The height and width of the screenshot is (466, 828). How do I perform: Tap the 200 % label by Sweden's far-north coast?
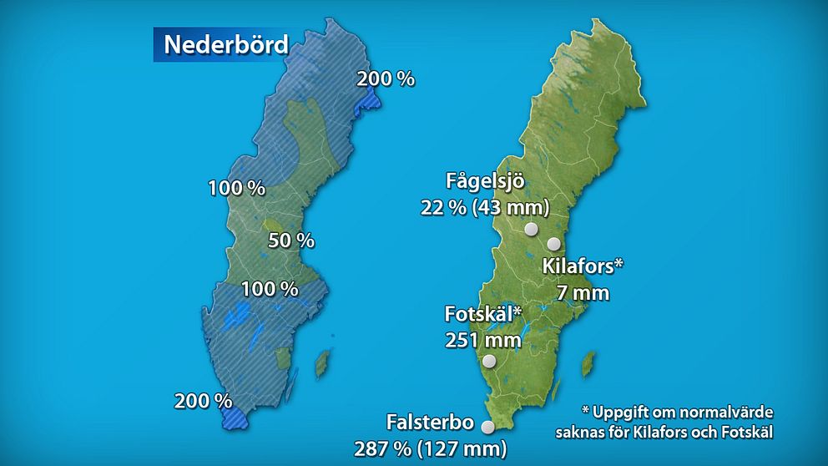point(386,79)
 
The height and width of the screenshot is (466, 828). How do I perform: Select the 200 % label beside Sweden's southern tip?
point(203,401)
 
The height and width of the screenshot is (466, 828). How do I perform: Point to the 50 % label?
point(291,241)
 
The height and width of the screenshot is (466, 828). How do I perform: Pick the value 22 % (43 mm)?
point(485,206)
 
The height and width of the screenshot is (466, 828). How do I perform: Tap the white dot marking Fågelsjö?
point(530,229)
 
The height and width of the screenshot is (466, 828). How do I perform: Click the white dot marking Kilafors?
point(554,244)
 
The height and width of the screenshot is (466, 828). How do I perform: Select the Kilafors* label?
point(583,267)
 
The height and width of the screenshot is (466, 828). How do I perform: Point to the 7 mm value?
point(583,292)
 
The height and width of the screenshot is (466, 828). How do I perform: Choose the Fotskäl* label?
point(483,315)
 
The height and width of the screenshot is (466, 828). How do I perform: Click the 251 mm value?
point(483,340)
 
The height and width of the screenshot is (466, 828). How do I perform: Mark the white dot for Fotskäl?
point(489,362)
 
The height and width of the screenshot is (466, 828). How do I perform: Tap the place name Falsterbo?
point(431,422)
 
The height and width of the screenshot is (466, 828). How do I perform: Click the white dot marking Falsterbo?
point(488,428)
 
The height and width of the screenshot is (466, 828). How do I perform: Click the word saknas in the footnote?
point(583,432)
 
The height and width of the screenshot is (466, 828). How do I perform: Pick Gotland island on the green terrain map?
point(588,362)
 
